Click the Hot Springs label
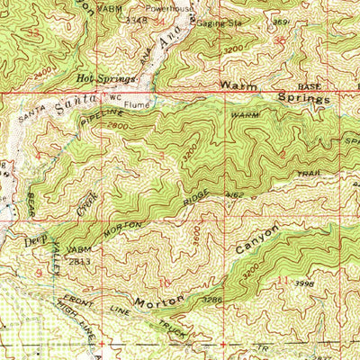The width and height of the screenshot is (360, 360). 100,79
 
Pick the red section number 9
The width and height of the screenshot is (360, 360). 39,271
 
